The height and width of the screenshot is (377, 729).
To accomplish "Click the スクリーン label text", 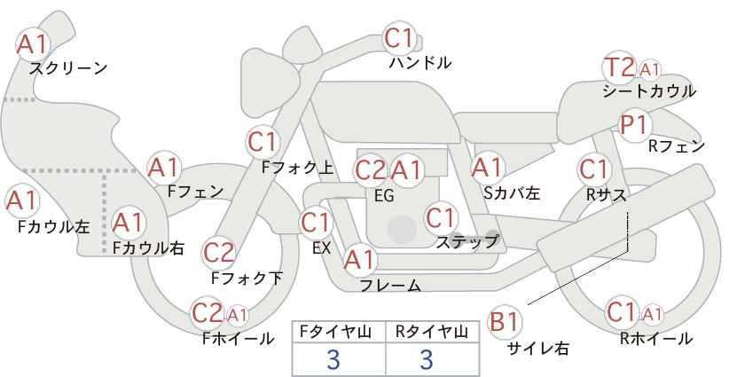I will point(68,68).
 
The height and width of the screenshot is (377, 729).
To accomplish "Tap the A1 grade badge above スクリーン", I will point(34,43).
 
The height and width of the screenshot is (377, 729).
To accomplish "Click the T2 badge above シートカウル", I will point(619,67).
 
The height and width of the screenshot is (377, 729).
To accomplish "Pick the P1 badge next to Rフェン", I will point(634,125).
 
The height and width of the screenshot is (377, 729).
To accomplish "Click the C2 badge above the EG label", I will point(370,169).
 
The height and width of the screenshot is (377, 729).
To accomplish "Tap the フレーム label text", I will point(390,285).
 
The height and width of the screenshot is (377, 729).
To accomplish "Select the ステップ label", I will point(466,241).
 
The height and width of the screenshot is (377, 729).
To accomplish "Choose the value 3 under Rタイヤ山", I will point(426,359).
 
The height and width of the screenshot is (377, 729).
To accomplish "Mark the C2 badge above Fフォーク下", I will point(218,253).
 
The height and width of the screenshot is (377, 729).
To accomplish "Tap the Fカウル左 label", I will point(53,226).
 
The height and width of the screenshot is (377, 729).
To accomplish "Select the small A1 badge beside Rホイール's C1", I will point(652,313).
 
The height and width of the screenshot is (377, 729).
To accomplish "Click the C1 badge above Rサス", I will point(593,168).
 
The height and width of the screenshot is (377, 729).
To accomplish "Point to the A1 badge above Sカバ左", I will point(488,166).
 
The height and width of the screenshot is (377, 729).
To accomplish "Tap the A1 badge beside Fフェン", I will point(163,166).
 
